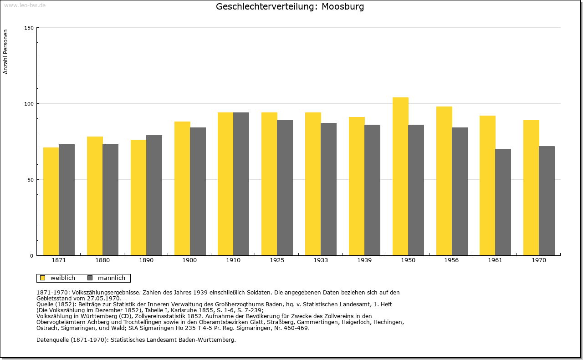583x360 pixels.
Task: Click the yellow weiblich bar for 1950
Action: click(400, 176)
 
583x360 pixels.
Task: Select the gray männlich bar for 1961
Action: click(503, 202)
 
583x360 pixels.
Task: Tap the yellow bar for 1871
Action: click(51, 202)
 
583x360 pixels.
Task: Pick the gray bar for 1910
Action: click(241, 184)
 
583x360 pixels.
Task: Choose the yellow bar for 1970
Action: click(531, 188)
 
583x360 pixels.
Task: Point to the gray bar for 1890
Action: click(154, 195)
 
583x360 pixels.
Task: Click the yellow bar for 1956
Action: click(444, 181)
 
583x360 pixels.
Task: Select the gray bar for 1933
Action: click(328, 189)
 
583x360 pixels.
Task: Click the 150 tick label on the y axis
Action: click(29, 28)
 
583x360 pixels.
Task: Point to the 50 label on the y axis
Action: click(31, 180)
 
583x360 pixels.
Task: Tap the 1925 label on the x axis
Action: click(277, 260)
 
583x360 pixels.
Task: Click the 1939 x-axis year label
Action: click(364, 260)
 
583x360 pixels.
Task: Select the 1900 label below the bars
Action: click(189, 260)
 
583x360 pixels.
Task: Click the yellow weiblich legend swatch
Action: click(43, 278)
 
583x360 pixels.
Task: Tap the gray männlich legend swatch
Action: click(90, 278)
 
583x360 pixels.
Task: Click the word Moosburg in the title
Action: click(343, 7)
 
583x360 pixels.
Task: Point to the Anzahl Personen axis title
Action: click(5, 52)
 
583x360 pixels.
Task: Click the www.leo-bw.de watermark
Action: click(25, 5)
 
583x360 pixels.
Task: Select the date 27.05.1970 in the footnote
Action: click(104, 299)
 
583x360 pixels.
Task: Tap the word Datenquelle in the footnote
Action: click(53, 340)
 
